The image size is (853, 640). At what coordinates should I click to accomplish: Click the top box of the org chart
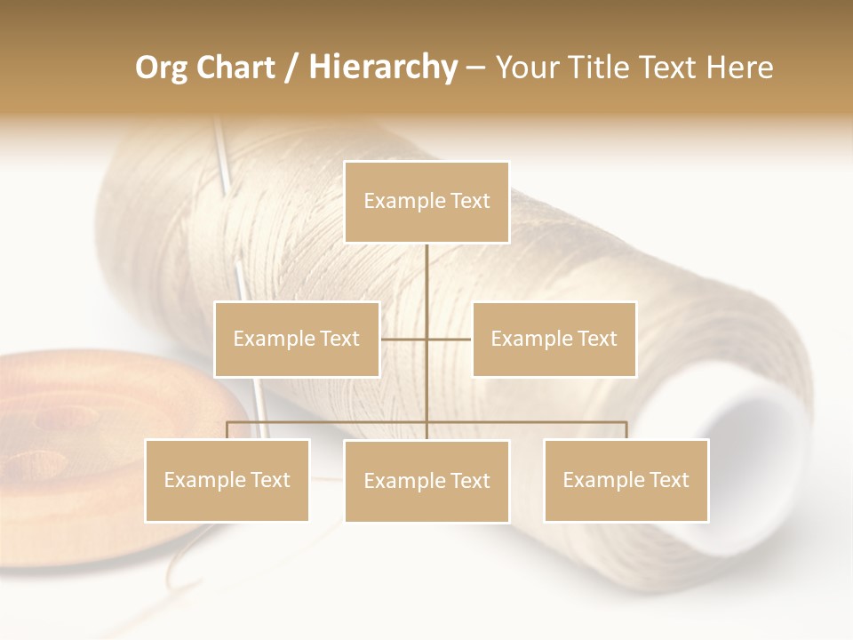pyautogui.click(x=426, y=202)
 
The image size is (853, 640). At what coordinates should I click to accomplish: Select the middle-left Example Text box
pyautogui.click(x=297, y=339)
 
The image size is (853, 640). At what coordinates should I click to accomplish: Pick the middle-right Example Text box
pyautogui.click(x=554, y=339)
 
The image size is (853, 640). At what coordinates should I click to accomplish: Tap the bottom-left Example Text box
pyautogui.click(x=227, y=480)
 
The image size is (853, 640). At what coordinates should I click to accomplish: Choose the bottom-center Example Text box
pyautogui.click(x=426, y=481)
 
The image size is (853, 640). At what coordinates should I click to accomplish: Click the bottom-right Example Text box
pyautogui.click(x=626, y=480)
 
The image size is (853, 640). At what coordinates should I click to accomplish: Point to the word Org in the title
pyautogui.click(x=162, y=68)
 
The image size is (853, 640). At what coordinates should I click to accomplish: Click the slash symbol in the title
pyautogui.click(x=291, y=68)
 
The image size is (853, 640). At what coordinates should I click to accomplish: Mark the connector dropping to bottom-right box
pyautogui.click(x=626, y=430)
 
